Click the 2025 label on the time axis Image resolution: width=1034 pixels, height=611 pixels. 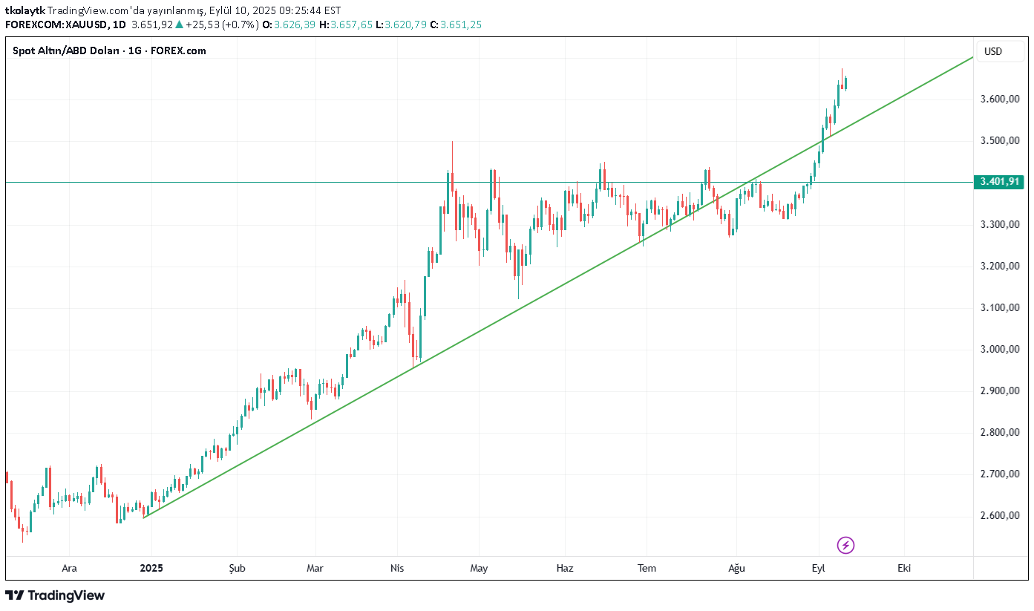pos(151,569)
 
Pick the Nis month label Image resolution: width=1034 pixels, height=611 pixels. pos(397,569)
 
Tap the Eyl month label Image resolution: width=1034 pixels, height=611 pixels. pos(818,569)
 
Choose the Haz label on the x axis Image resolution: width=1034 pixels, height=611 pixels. pos(565,569)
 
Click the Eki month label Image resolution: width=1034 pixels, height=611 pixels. pos(904,569)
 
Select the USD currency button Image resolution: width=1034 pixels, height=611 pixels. pos(992,51)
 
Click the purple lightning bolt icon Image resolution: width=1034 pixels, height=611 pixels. pos(845,546)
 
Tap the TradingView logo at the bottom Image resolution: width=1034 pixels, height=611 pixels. pos(55,595)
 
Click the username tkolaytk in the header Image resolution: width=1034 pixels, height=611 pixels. pos(24,10)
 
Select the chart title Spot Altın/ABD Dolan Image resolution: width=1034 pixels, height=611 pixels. pos(68,50)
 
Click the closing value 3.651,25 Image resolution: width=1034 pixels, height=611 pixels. pos(461,24)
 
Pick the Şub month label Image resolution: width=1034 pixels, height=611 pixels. pos(236,569)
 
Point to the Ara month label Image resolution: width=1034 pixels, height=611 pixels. pos(69,569)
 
